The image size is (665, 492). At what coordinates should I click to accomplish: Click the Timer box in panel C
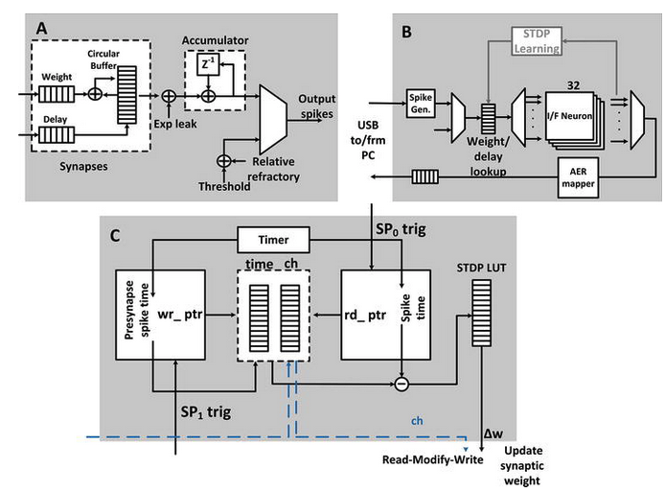pos(273,240)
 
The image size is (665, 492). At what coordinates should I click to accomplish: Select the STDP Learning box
pos(537,40)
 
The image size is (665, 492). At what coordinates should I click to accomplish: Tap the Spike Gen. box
pos(421,104)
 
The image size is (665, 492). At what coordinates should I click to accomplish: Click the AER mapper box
pos(578,177)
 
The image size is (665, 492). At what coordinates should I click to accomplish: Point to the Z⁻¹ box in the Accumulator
pos(208,64)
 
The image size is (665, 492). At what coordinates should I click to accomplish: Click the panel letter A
pos(41,29)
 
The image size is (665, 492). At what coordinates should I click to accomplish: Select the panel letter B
pos(406,32)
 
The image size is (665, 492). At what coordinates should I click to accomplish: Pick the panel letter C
pos(115,236)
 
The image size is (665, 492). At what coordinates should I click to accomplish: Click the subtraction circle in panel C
pos(401,385)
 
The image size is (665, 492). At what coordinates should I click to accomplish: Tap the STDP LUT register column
pos(481,313)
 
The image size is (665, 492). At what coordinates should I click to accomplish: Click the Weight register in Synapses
pos(57,94)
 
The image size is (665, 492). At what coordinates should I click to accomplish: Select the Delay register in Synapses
pos(57,135)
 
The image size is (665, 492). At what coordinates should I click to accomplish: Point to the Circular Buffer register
pos(126,95)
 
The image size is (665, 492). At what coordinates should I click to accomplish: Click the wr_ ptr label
pos(180,315)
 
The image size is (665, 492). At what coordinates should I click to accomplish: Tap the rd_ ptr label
pos(365,315)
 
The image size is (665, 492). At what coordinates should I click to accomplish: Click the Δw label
pos(493,433)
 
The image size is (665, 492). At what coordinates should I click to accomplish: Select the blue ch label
pos(417,421)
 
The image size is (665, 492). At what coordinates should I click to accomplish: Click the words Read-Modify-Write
pos(432,459)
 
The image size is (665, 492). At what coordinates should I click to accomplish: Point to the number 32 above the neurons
pos(573,85)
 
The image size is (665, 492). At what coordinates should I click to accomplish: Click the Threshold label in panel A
pos(224,186)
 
